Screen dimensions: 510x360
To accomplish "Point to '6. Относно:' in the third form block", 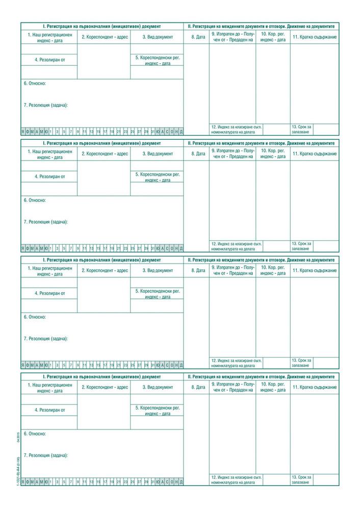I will coord(35,317).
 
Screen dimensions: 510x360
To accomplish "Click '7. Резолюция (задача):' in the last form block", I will coord(45,455).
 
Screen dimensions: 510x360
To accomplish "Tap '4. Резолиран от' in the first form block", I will coord(50,60).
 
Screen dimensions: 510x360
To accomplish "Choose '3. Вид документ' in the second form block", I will coord(158,154).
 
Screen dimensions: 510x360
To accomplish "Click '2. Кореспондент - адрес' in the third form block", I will coord(105,270).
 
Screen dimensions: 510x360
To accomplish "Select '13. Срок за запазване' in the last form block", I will coord(301,479).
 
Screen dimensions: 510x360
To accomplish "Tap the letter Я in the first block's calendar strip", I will coord(23,131).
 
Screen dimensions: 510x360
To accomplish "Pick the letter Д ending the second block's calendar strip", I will coord(181,248).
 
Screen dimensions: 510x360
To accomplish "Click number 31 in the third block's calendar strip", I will coord(152,365).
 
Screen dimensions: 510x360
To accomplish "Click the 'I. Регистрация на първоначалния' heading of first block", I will coord(102,25).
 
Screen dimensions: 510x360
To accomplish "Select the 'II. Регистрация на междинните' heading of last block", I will coord(261,376).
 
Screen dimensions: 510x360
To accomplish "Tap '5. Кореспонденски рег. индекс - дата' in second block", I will coord(157,177).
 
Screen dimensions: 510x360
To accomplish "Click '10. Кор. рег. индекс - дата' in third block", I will coord(273,270).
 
